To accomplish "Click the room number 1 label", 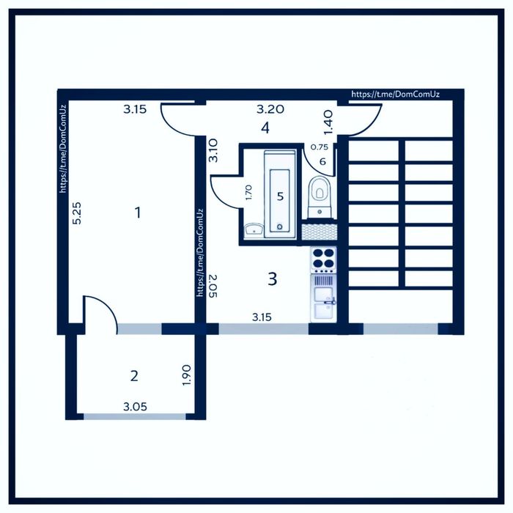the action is pyautogui.click(x=138, y=213).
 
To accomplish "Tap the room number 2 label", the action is pyautogui.click(x=134, y=376).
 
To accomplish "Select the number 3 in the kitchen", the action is pyautogui.click(x=272, y=279).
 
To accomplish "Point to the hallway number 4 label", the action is pyautogui.click(x=265, y=128).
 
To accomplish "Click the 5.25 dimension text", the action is pyautogui.click(x=78, y=213).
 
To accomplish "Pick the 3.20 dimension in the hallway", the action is pyautogui.click(x=270, y=109).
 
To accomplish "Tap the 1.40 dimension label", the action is pyautogui.click(x=328, y=122).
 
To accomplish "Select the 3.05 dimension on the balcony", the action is pyautogui.click(x=135, y=407).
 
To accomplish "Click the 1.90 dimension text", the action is pyautogui.click(x=186, y=375).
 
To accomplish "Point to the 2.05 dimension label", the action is pyautogui.click(x=213, y=286).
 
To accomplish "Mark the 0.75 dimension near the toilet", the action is pyautogui.click(x=319, y=147).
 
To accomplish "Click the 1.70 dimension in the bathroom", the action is pyautogui.click(x=248, y=193).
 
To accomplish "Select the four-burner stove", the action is pyautogui.click(x=323, y=260).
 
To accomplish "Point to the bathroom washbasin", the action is pyautogui.click(x=254, y=230).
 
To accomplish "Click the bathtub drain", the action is pyautogui.click(x=279, y=226).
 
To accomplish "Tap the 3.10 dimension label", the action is pyautogui.click(x=213, y=150).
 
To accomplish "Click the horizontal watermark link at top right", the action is pyautogui.click(x=395, y=95).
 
